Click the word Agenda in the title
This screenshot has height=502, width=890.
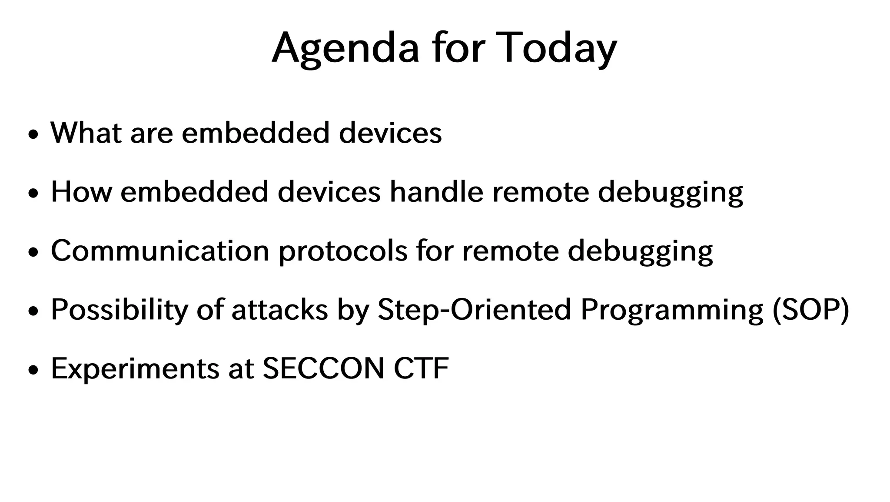pos(345,48)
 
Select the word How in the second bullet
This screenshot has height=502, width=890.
pos(81,191)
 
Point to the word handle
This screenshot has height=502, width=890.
pos(436,191)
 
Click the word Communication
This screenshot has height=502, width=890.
pos(160,251)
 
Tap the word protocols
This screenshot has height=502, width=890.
pos(343,251)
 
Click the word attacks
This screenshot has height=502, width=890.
pos(279,310)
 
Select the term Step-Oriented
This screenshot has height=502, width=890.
pos(474,310)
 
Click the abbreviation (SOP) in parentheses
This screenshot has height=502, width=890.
pos(811,310)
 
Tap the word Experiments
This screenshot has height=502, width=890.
pos(135,369)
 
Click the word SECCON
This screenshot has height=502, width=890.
pos(324,369)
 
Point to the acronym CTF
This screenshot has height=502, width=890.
pos(421,369)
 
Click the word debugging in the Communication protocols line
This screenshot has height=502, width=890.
pos(640,251)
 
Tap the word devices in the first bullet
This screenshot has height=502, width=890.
pos(390,132)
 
